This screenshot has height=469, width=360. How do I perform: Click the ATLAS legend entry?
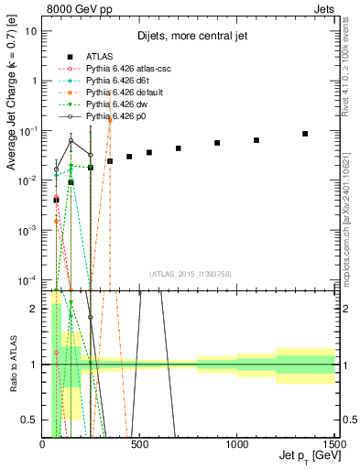(x=96, y=57)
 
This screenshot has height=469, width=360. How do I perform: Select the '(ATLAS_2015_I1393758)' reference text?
(x=189, y=273)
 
